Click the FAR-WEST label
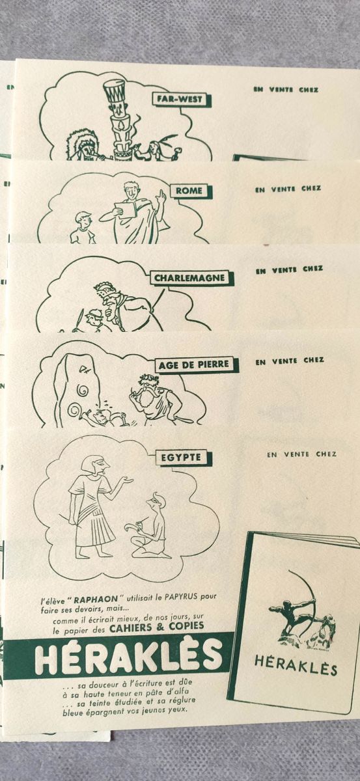(x=180, y=99)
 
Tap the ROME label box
(x=189, y=191)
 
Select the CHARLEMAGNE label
(x=190, y=278)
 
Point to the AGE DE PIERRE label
(x=194, y=365)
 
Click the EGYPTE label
(x=181, y=458)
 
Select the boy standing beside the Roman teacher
(x=83, y=227)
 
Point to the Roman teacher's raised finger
(x=161, y=194)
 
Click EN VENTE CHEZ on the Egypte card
(x=302, y=454)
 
